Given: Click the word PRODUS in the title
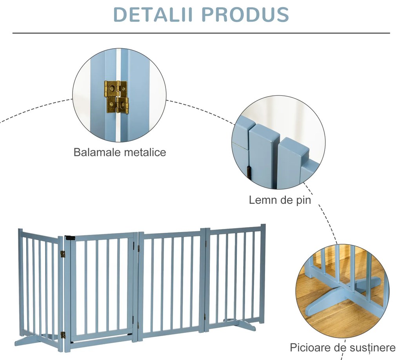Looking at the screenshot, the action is click(x=245, y=14).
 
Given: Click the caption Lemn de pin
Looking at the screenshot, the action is click(x=280, y=200).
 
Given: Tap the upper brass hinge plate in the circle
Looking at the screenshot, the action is click(x=115, y=89).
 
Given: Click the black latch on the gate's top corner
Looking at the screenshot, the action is click(x=70, y=238).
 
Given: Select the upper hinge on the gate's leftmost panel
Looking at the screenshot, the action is click(x=62, y=254).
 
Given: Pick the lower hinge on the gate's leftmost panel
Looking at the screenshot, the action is click(x=63, y=335).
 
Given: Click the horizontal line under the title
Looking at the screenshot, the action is click(x=201, y=33).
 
